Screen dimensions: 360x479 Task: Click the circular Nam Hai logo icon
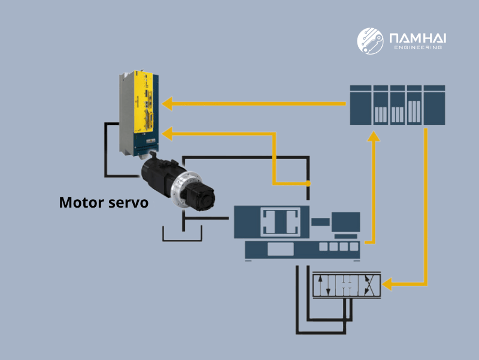369,41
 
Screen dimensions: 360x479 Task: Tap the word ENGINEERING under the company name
417,48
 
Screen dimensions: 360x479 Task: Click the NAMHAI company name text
417,38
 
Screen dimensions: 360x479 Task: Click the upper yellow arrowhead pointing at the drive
168,104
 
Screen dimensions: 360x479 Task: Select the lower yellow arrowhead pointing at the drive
168,131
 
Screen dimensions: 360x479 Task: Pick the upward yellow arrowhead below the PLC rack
374,137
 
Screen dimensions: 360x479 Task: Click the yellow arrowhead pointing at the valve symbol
388,283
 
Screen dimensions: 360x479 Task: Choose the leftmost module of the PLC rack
360,105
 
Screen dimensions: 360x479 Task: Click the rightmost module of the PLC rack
435,105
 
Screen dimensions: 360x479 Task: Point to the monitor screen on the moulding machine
346,221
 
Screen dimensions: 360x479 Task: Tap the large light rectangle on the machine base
280,249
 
